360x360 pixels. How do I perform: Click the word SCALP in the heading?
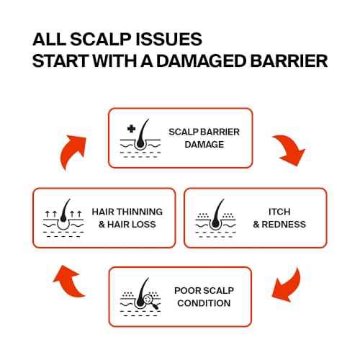point(101,39)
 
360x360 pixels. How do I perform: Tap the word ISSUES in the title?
point(168,39)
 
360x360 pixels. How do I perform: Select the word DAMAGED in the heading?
point(201,60)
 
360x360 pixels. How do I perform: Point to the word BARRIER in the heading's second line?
point(289,60)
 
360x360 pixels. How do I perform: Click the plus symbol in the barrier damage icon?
point(131,129)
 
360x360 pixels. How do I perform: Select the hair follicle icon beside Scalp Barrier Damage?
point(140,138)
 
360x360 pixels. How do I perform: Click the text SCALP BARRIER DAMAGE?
point(204,138)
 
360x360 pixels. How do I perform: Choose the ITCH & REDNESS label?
point(279,218)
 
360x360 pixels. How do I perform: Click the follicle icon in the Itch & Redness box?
point(216,218)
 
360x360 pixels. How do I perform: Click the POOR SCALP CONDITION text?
point(204,297)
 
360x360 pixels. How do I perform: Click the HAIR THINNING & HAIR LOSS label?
point(127,218)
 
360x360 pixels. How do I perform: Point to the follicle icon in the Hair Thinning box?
point(63,218)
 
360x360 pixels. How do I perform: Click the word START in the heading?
point(60,60)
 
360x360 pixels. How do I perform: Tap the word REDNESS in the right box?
point(284,225)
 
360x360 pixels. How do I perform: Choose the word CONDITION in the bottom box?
point(204,303)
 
